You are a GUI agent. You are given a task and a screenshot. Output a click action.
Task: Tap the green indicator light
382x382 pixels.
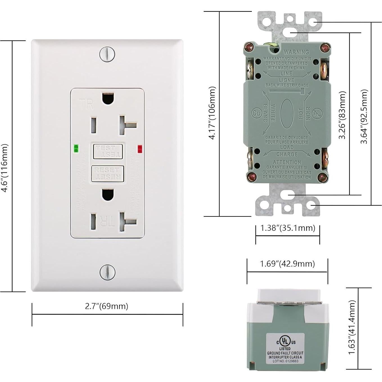click(x=76, y=148)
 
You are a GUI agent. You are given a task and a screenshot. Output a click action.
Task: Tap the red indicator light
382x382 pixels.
click(x=140, y=149)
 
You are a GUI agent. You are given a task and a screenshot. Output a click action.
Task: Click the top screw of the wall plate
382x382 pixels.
click(x=107, y=54)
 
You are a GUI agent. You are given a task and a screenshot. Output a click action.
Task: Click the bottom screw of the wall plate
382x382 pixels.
click(x=107, y=272)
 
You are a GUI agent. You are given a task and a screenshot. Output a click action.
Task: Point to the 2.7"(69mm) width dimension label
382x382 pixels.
click(x=107, y=306)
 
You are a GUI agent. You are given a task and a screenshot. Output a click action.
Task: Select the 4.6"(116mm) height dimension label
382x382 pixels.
click(x=4, y=168)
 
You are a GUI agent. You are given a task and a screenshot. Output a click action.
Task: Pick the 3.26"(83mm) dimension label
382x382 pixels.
click(x=342, y=115)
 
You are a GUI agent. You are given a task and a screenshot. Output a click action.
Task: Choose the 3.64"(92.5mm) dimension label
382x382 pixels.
click(x=364, y=116)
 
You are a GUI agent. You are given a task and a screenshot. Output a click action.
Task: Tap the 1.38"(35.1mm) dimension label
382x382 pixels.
click(x=288, y=228)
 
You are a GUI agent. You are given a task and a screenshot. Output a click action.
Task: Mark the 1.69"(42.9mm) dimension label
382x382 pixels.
click(x=287, y=264)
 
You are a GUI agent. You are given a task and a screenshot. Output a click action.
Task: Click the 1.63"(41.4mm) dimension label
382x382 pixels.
click(x=352, y=327)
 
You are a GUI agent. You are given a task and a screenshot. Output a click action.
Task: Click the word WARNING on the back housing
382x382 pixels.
click(x=296, y=52)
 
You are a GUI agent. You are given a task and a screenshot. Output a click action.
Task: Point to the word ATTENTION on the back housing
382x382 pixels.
click(x=287, y=162)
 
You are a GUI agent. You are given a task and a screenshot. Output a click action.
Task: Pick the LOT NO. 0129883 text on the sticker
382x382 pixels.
click(x=285, y=361)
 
